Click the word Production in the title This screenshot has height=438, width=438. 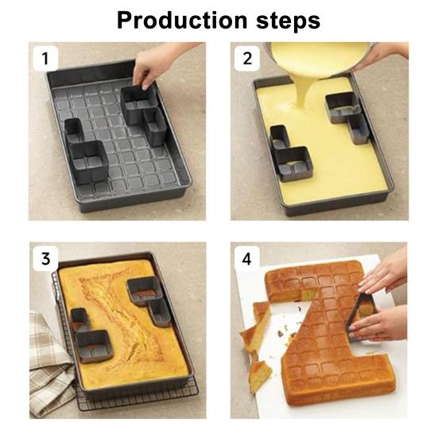click(x=182, y=20)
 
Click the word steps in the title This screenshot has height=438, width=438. click(x=288, y=21)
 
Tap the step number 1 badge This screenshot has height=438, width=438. click(x=45, y=58)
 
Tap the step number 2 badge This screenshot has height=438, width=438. click(x=247, y=58)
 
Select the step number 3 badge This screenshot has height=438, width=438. click(x=45, y=258)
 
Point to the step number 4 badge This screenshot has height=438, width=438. click(x=247, y=258)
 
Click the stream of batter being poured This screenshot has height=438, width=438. click(x=303, y=92)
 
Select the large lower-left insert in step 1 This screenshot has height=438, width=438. click(x=88, y=162)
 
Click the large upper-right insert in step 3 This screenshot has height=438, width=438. click(x=145, y=291)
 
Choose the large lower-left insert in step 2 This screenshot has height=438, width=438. click(x=293, y=165)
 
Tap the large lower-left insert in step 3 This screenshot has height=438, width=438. click(x=94, y=347)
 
